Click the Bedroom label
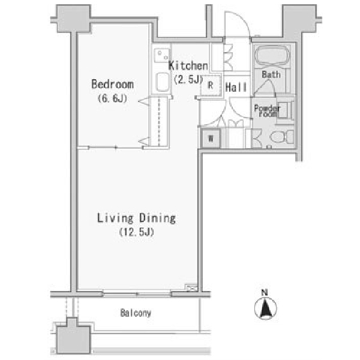113,84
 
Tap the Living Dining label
136,218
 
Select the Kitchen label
188,65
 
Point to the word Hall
236,87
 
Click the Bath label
271,74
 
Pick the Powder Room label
267,110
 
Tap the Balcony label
136,313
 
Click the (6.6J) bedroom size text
112,98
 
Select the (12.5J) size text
137,232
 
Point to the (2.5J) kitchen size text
188,79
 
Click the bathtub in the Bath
272,55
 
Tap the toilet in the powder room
282,137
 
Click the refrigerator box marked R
211,85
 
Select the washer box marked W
211,138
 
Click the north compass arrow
266,308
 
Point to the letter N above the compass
265,293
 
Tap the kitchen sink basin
163,82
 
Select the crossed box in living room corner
191,288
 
